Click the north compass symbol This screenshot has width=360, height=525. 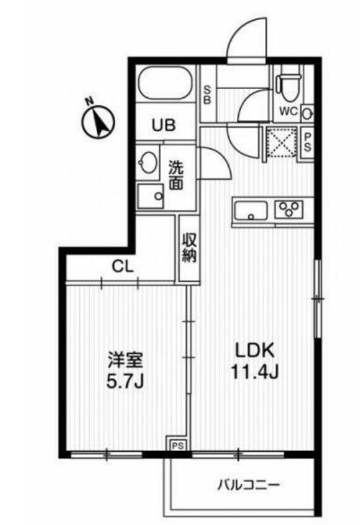click(98, 121)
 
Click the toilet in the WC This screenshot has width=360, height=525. click(287, 85)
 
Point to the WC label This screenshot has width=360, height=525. click(288, 111)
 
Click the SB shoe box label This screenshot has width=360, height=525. click(207, 95)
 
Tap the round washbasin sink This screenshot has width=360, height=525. click(148, 162)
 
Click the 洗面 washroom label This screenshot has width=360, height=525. click(176, 176)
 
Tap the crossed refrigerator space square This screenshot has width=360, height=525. click(280, 141)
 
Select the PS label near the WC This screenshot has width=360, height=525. click(308, 140)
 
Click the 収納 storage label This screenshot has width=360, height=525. click(189, 248)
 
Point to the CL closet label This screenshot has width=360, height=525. click(123, 268)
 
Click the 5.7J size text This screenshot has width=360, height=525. click(126, 382)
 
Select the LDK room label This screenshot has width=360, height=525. click(253, 350)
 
